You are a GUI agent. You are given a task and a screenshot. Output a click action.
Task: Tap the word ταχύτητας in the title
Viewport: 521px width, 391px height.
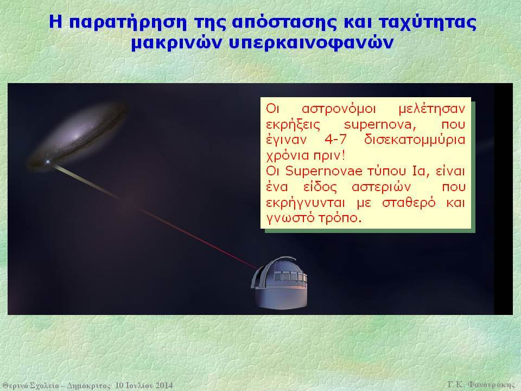coord(428,23)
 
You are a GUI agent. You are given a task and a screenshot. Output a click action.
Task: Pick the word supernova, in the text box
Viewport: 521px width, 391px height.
coord(380,125)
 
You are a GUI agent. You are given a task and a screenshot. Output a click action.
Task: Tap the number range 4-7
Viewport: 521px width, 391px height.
coord(335,140)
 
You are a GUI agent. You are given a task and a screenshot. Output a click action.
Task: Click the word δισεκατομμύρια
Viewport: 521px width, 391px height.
coord(415,140)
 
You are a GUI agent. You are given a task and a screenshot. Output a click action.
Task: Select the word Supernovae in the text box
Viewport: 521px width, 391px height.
coord(323,171)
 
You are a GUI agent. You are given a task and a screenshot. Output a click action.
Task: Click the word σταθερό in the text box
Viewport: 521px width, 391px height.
coord(409,203)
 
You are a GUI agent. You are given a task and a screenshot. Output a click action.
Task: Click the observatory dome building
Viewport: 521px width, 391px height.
coord(279,283)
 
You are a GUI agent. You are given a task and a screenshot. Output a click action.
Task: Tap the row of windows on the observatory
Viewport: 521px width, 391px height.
coord(290,276)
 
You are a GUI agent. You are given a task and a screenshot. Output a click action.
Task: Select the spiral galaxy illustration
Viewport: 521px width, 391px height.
coord(77,136)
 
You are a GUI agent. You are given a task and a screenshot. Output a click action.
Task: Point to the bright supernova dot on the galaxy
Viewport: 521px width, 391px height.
coord(48,162)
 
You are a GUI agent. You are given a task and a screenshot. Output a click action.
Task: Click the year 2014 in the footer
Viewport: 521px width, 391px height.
coord(164,386)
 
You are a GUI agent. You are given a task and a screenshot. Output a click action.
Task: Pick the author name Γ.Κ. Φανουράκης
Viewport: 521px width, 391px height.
coord(481,384)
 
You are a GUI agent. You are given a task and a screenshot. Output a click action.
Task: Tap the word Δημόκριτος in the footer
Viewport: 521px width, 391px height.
coord(88,386)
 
